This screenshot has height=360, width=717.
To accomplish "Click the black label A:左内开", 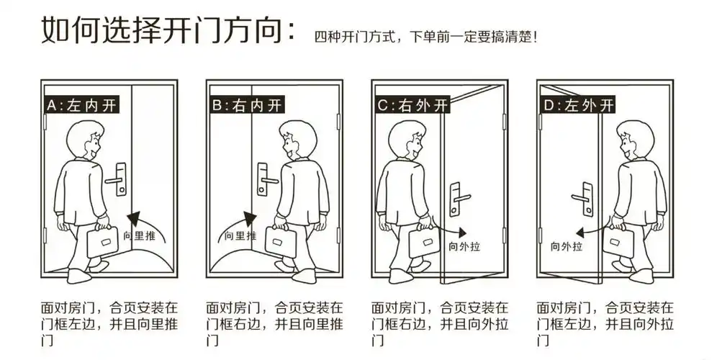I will (81, 105).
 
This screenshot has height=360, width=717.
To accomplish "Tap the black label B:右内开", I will (246, 105).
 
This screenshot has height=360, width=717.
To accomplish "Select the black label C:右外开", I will (412, 105).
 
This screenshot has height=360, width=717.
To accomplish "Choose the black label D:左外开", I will (579, 105).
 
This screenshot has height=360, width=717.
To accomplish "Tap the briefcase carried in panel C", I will (425, 241).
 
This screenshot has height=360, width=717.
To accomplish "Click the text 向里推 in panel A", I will (137, 235).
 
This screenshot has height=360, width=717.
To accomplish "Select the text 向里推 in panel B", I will (240, 235).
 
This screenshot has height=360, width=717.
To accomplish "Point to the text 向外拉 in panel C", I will (464, 246).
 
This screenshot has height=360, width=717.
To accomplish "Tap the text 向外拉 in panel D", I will (566, 246).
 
